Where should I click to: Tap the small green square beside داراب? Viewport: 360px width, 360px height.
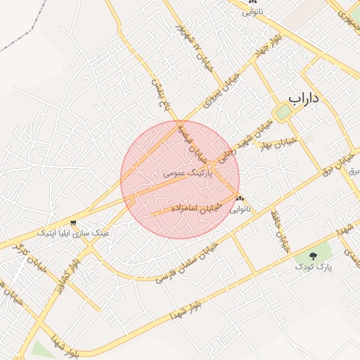pos(283,112)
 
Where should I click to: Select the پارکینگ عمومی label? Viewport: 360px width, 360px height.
pos(186,171)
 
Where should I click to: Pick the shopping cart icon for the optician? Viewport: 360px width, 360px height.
pos(72,223)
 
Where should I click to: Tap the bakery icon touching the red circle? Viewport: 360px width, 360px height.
pos(240,198)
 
